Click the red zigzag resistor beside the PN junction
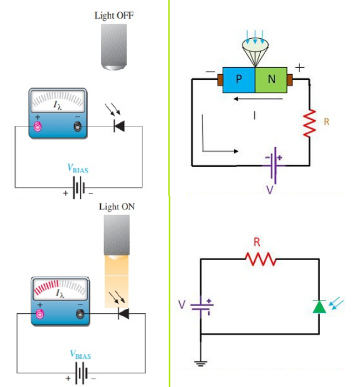[x=310, y=122]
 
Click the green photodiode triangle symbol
[x=319, y=307]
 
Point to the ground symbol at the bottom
[x=200, y=363]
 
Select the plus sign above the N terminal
[x=299, y=68]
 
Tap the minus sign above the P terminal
[x=210, y=72]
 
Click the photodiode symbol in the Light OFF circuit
[x=118, y=126]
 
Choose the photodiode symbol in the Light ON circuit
[x=122, y=314]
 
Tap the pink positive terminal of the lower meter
[x=39, y=315]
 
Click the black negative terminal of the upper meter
[x=77, y=128]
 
